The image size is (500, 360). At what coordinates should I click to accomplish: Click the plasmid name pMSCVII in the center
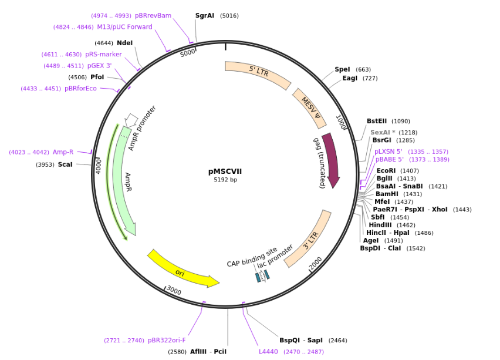pyautogui.click(x=225, y=171)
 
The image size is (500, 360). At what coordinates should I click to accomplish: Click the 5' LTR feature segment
pyautogui.click(x=258, y=73)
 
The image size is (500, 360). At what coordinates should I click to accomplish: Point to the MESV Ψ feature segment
pyautogui.click(x=310, y=107)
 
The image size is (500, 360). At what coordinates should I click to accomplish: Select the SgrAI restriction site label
pyautogui.click(x=205, y=16)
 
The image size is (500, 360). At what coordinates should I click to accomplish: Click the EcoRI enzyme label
pyautogui.click(x=386, y=171)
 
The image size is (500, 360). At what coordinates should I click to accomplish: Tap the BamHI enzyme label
pyautogui.click(x=387, y=194)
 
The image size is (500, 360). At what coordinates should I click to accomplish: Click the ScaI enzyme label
pyautogui.click(x=65, y=164)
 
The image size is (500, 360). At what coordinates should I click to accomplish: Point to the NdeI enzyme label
pyautogui.click(x=125, y=43)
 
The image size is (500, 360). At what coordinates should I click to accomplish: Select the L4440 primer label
pyautogui.click(x=269, y=352)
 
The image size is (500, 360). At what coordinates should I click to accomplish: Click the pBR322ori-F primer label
pyautogui.click(x=167, y=340)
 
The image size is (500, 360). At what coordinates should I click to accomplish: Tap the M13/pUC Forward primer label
pyautogui.click(x=124, y=27)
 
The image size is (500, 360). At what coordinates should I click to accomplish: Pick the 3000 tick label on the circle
pyautogui.click(x=174, y=290)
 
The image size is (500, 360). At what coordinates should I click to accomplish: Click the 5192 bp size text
pyautogui.click(x=225, y=180)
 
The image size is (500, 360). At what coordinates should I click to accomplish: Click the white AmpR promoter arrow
pyautogui.click(x=131, y=120)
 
